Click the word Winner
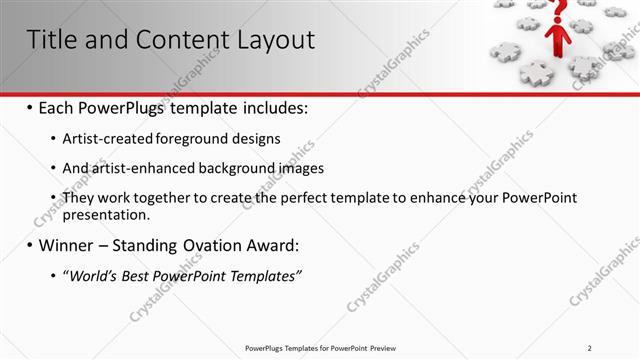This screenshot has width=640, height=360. (x=67, y=244)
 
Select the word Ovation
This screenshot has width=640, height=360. (x=216, y=244)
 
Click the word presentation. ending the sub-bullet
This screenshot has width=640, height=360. (x=106, y=214)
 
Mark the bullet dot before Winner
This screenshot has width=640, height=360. (x=30, y=244)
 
